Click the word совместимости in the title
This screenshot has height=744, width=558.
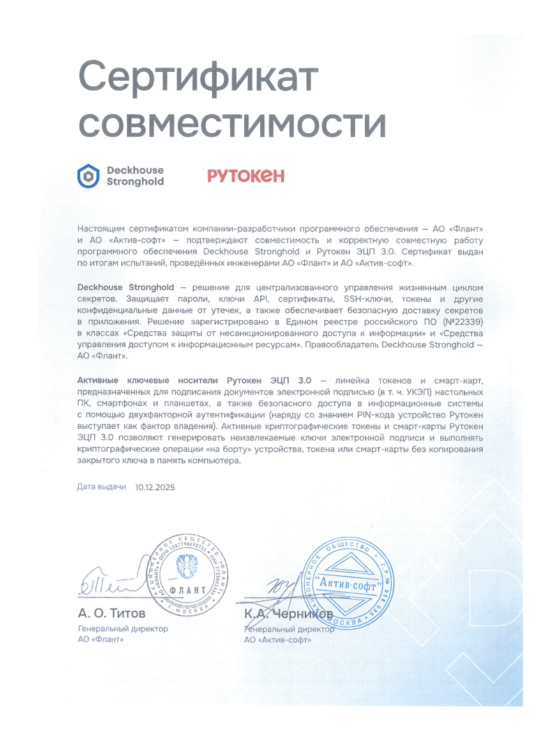(x=231, y=124)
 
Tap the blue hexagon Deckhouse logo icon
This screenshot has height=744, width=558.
(x=89, y=176)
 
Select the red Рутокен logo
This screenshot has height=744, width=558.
(x=246, y=176)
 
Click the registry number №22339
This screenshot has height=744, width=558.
(x=458, y=323)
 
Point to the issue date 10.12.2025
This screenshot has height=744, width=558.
(x=156, y=487)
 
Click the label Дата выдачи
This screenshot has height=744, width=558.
(x=102, y=487)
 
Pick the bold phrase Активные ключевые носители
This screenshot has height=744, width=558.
(x=151, y=380)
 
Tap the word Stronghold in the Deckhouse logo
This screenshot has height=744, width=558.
(x=135, y=182)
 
